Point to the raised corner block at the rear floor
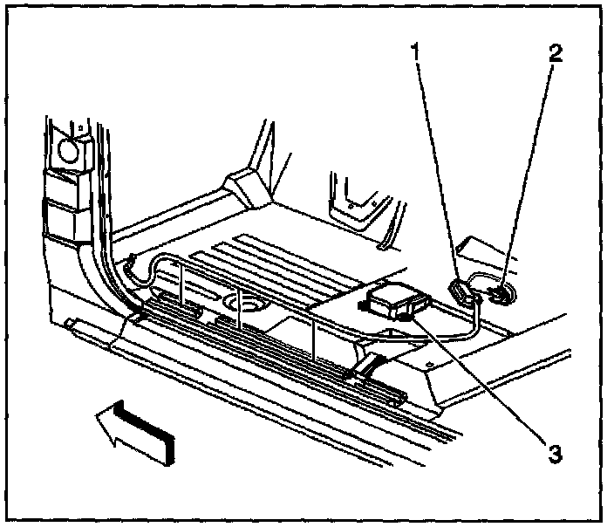[243, 186]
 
